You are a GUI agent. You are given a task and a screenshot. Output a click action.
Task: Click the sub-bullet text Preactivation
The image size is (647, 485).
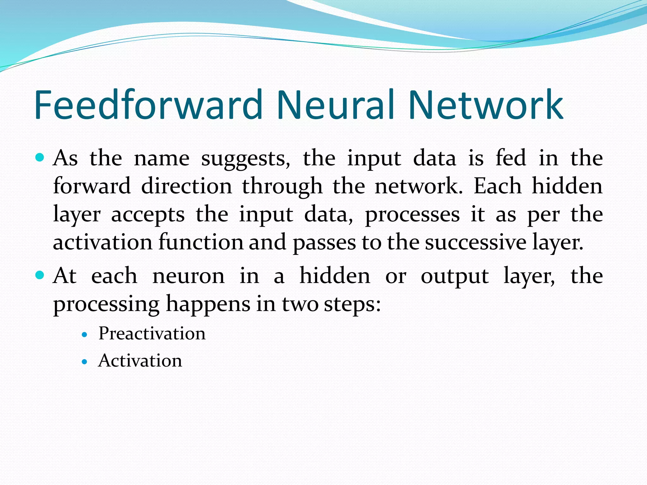152,333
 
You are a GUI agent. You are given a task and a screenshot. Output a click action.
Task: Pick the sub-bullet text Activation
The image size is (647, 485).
140,361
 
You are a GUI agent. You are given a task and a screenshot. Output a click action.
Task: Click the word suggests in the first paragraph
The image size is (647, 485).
245,159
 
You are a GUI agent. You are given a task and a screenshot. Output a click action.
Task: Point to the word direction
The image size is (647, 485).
186,186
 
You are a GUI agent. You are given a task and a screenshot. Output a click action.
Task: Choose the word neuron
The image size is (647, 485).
189,276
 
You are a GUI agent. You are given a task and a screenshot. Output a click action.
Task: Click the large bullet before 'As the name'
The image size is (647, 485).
39,157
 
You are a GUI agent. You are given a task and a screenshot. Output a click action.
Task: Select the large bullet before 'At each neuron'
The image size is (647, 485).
39,275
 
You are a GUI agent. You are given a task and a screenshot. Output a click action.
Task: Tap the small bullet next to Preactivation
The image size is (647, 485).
84,334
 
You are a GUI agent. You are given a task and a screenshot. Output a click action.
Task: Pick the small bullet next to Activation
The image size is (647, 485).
84,362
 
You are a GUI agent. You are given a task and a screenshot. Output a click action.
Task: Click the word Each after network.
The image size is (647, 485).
498,186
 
